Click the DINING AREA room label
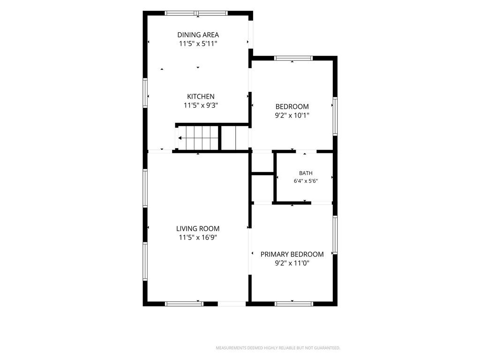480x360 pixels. tap(198, 35)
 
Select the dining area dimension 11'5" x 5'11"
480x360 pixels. tap(198, 44)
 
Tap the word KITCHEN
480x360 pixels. tap(201, 97)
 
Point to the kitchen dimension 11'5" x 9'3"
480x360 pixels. tap(201, 105)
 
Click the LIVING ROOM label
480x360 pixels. tap(198, 229)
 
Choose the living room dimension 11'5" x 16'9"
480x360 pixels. tap(198, 238)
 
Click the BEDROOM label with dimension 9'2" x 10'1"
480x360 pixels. tap(292, 106)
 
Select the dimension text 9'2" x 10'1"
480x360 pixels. tap(292, 116)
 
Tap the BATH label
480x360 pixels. tap(306, 173)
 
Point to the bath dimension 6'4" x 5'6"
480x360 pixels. tap(306, 181)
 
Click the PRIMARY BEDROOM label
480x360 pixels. tap(292, 255)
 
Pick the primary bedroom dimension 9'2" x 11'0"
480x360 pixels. tap(292, 263)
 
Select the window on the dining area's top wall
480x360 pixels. tap(196, 13)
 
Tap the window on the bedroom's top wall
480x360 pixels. tap(293, 58)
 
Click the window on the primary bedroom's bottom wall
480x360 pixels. tap(294, 304)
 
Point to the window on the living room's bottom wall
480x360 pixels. tap(184, 304)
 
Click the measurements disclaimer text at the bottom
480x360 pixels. tap(278, 348)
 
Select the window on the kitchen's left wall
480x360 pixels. tap(145, 93)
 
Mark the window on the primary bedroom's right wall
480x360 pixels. tap(335, 235)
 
